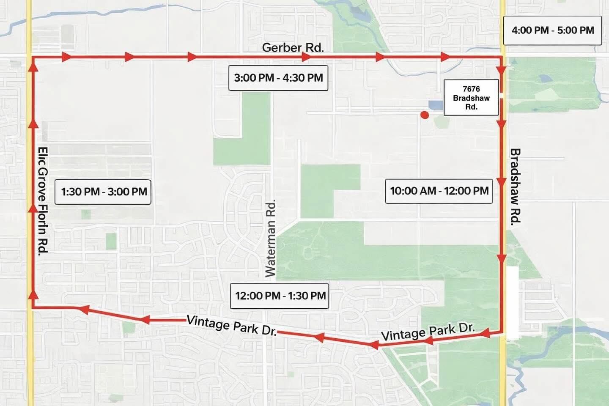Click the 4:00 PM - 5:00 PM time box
pyautogui.click(x=552, y=30)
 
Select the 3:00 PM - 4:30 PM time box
pyautogui.click(x=278, y=78)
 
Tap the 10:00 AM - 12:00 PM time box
pyautogui.click(x=439, y=191)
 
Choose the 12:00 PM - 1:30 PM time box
pyautogui.click(x=280, y=296)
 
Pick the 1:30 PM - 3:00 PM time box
pyautogui.click(x=104, y=192)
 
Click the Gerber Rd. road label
pyautogui.click(x=293, y=47)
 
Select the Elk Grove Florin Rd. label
pyautogui.click(x=43, y=200)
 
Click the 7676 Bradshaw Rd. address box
pyautogui.click(x=471, y=98)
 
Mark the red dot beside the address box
pyautogui.click(x=425, y=115)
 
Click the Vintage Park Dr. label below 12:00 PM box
pyautogui.click(x=232, y=325)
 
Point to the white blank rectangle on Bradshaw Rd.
pyautogui.click(x=512, y=302)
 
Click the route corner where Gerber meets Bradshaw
pyautogui.click(x=501, y=56)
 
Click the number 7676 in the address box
pyautogui.click(x=471, y=89)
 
